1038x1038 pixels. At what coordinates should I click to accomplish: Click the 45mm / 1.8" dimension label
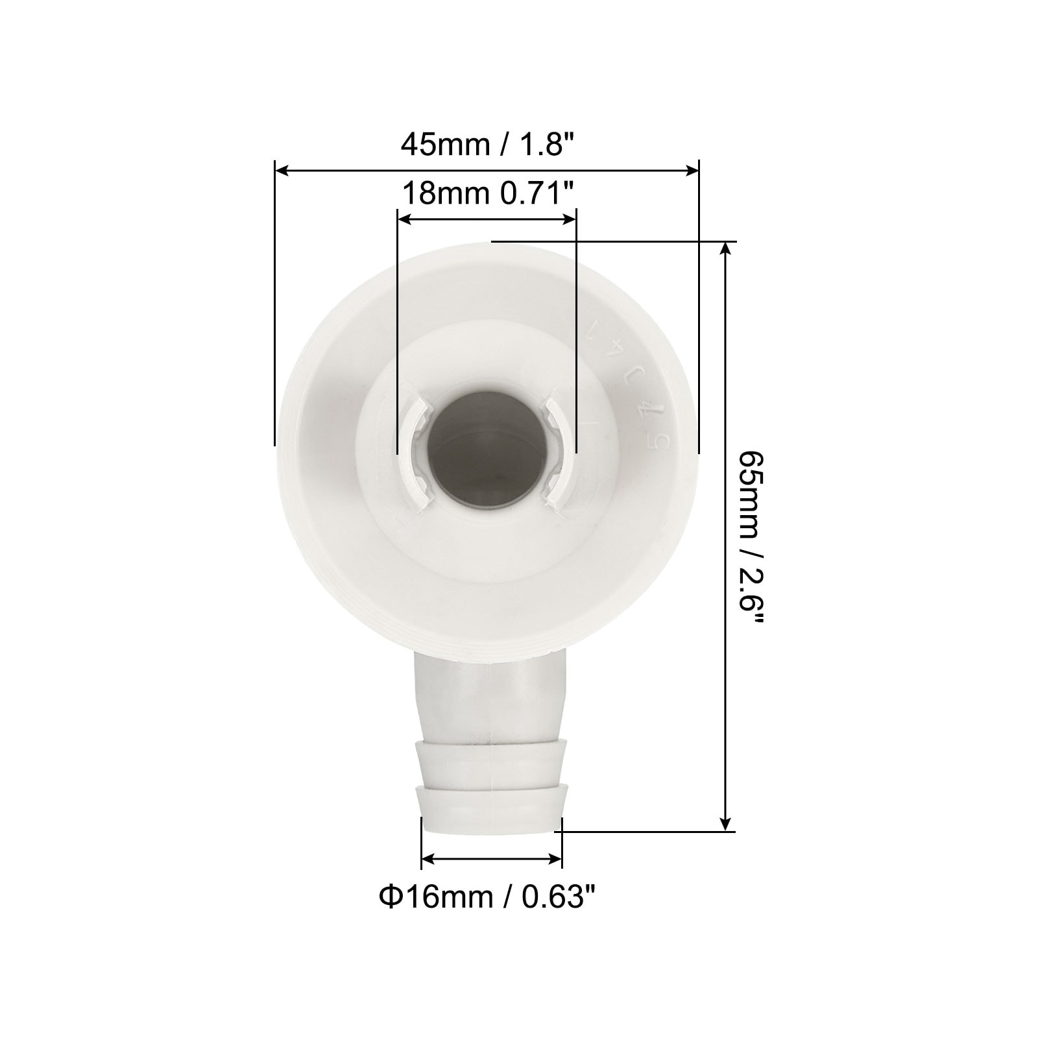tap(488, 143)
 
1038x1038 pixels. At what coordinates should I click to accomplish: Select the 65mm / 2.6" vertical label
tap(753, 537)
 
